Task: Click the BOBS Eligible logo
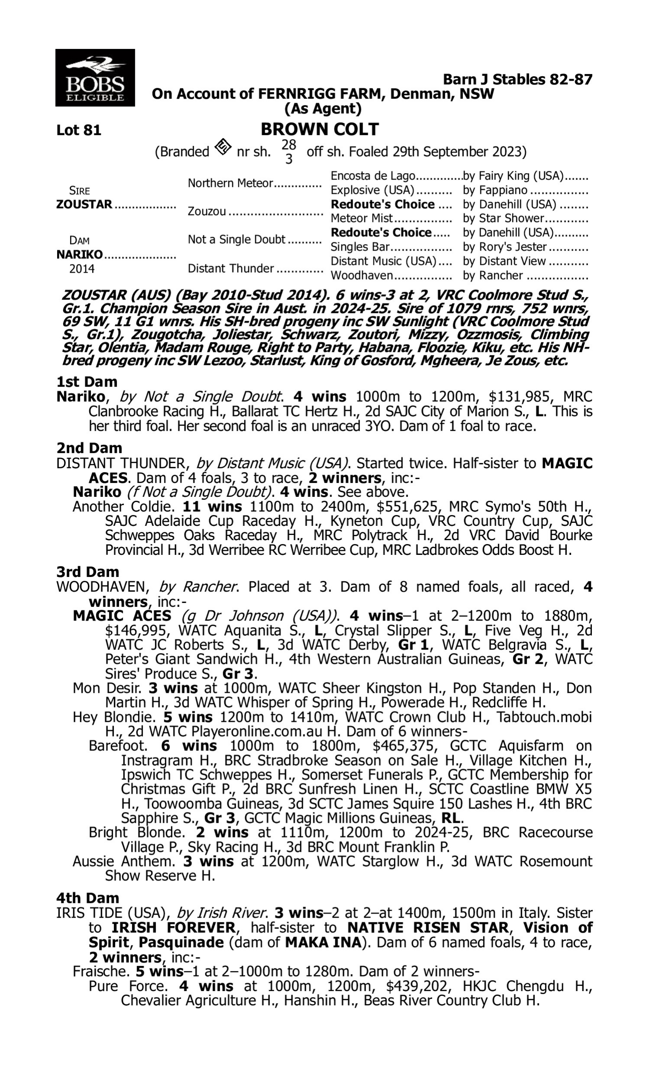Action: (95, 78)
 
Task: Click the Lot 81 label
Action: (79, 130)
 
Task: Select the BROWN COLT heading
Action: (320, 129)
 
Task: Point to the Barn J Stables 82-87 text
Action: (517, 79)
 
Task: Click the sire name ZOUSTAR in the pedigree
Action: (84, 204)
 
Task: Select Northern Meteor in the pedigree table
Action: (230, 183)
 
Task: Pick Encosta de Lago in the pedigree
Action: (373, 176)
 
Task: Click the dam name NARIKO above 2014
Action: (79, 254)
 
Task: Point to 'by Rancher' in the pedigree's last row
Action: (492, 276)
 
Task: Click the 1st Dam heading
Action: (87, 382)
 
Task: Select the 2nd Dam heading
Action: (89, 448)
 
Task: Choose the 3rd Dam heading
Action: (88, 572)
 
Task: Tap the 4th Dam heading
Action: (88, 898)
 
